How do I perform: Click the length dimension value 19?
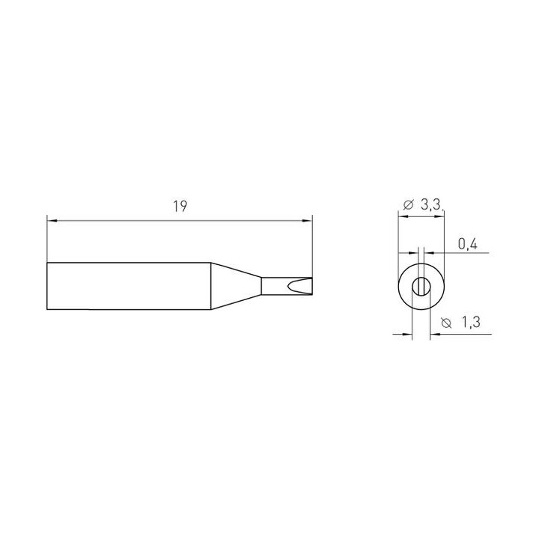(x=180, y=207)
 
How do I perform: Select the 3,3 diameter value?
(x=430, y=205)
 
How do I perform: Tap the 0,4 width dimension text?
(x=467, y=244)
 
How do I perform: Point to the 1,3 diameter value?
(x=471, y=323)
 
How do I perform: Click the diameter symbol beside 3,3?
(x=408, y=205)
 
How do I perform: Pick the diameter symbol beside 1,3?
(x=446, y=323)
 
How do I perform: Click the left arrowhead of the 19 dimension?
(x=51, y=221)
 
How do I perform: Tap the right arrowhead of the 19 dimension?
(x=308, y=221)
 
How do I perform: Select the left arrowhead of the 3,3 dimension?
(x=403, y=216)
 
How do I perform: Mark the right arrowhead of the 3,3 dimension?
(x=439, y=216)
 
